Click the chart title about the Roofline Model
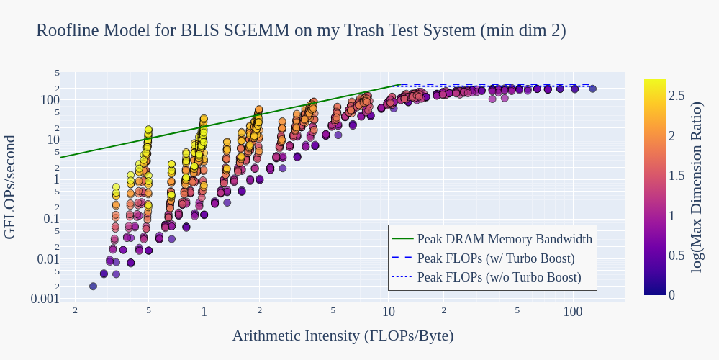coord(301,30)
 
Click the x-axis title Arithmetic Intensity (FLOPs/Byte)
coord(343,336)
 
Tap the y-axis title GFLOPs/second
coord(10,187)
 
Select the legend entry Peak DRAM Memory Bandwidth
coord(505,239)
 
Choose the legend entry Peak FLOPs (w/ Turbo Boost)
coord(496,258)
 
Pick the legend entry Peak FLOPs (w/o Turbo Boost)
coord(499,276)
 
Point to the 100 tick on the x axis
coord(573,312)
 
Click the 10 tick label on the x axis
coord(389,312)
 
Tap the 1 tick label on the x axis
coord(204,312)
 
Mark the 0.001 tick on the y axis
coord(45,299)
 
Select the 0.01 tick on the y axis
coord(48,259)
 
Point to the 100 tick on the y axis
coord(50,100)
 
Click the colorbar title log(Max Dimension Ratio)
coord(697,187)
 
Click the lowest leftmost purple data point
coord(93,286)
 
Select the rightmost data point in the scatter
coord(592,89)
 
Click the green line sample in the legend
coord(402,239)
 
